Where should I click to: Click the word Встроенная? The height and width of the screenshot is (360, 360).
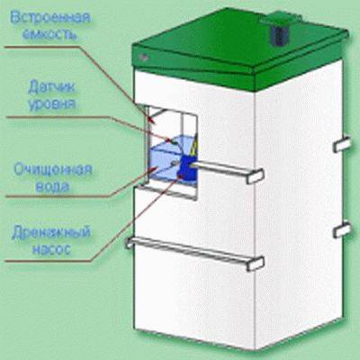click(50, 18)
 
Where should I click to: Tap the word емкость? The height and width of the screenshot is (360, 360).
click(49, 34)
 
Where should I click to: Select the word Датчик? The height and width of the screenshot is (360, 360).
click(51, 88)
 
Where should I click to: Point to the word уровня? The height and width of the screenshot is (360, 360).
click(51, 104)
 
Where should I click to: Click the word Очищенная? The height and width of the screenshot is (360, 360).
click(53, 170)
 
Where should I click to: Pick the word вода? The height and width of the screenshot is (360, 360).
click(52, 186)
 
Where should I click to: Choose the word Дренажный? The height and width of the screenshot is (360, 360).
click(51, 233)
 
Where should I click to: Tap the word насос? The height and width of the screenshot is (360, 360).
click(51, 249)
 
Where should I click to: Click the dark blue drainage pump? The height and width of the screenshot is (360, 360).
click(186, 168)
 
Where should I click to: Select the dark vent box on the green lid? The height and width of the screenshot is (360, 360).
click(280, 34)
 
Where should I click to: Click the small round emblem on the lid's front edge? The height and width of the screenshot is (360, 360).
click(144, 57)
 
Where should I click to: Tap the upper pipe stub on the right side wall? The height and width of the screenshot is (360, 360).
click(342, 144)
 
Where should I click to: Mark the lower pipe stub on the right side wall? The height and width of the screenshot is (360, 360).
click(342, 229)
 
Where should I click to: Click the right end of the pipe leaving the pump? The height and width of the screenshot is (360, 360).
click(255, 176)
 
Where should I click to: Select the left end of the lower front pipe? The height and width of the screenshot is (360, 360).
click(130, 242)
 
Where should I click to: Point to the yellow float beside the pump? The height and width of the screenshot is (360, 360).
click(193, 148)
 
